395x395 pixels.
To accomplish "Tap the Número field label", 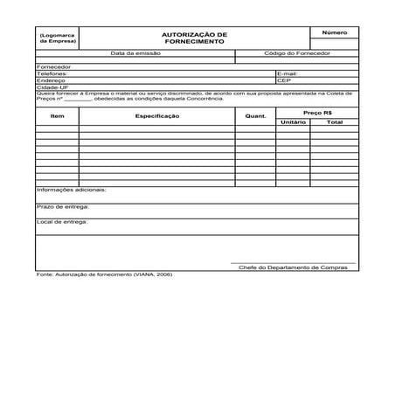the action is coord(334,32).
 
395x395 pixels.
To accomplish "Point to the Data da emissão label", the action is coord(135,53).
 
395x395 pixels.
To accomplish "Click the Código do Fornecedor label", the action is coord(297,53).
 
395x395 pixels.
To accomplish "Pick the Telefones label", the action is coord(52,73).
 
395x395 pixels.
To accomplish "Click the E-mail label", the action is coord(288,73).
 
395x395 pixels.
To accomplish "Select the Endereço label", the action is coord(52,80).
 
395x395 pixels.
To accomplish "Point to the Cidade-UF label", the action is coord(52,87).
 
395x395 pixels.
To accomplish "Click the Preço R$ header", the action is coord(317,112).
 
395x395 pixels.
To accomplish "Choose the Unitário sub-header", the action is coord(294,122).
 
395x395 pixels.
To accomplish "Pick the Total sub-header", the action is coord(335,122).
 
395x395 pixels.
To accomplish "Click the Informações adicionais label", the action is coord(71,190).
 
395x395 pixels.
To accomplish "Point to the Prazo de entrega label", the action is coord(63,207).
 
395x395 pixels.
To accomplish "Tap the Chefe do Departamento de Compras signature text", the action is coord(292,267).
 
